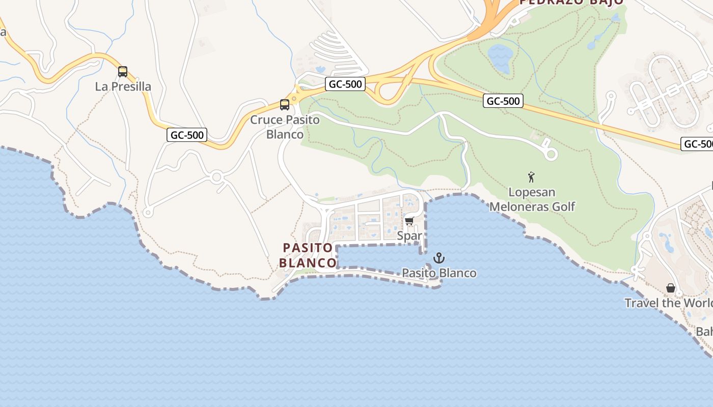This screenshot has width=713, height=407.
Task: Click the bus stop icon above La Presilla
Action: (123, 72)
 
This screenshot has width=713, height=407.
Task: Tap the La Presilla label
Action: (123, 86)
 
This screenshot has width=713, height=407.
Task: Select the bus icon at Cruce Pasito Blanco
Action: (285, 105)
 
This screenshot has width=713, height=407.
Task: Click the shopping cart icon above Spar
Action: (409, 221)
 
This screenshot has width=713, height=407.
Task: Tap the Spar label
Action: (409, 236)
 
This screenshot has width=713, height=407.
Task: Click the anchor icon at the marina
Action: (439, 258)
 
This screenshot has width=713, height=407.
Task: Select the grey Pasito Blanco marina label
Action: (439, 273)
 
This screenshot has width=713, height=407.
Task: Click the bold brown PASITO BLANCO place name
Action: (308, 255)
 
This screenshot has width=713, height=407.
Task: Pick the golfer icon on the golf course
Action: (532, 178)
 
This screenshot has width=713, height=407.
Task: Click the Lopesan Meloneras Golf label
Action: (532, 199)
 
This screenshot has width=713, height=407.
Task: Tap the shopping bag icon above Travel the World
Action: (671, 288)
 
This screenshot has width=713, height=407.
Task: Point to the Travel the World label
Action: (668, 303)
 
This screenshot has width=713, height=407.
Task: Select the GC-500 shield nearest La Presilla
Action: (187, 135)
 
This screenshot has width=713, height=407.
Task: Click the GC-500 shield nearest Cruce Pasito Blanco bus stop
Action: (346, 84)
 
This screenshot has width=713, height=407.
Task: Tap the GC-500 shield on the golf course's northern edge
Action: (503, 101)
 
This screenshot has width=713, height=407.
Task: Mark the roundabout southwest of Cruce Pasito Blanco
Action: (217, 177)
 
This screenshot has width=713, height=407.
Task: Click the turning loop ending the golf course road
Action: (551, 153)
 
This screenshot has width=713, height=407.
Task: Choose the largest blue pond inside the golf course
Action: (500, 57)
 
